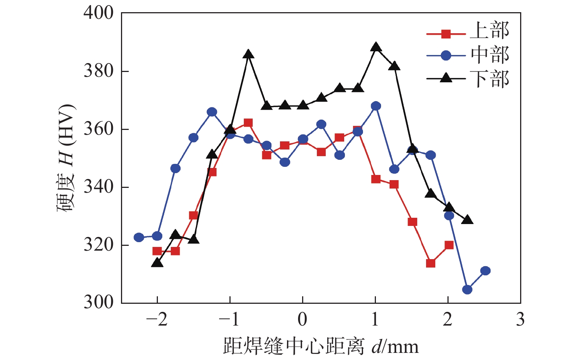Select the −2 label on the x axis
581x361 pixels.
point(157,319)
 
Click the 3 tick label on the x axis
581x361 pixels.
point(520,319)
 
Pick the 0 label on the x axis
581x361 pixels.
point(302,319)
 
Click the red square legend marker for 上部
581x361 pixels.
point(446,34)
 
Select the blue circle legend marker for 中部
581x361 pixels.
point(446,55)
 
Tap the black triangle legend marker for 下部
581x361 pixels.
point(446,78)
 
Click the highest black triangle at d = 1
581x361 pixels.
point(376,47)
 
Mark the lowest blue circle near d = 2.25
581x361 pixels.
point(467,290)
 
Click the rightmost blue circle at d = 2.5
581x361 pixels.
point(485,271)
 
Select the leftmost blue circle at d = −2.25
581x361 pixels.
point(139,237)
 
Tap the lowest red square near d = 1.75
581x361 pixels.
point(430,263)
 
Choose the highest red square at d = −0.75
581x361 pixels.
point(248,123)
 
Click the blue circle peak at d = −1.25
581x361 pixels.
point(212,112)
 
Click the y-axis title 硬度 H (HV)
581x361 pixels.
point(66,159)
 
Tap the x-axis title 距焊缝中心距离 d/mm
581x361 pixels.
point(321,346)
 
